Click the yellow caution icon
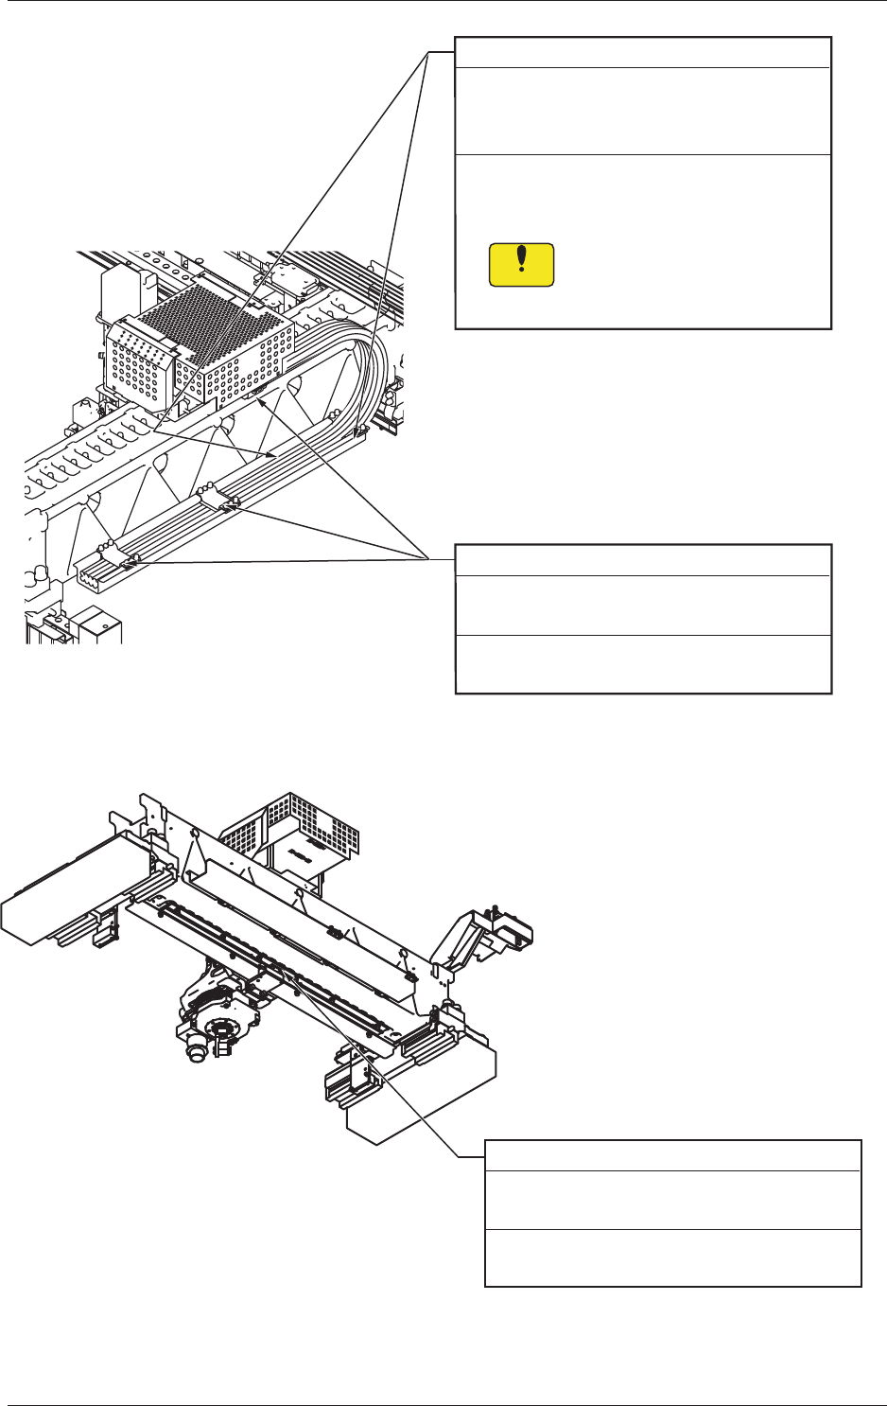[521, 265]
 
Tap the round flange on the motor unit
[222, 1026]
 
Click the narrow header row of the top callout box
[643, 52]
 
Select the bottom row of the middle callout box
[643, 664]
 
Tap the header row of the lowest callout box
[672, 1155]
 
